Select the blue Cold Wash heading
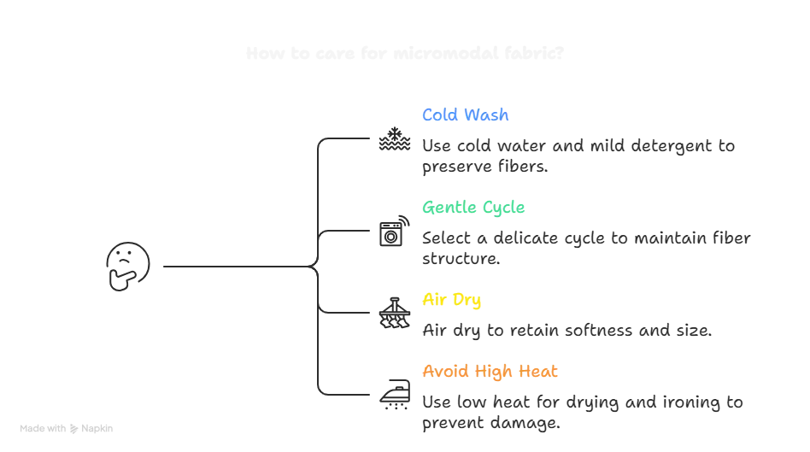pyautogui.click(x=465, y=115)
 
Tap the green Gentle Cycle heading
pyautogui.click(x=472, y=208)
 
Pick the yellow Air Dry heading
pyautogui.click(x=452, y=301)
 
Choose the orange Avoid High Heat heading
pyautogui.click(x=489, y=373)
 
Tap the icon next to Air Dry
pyautogui.click(x=390, y=314)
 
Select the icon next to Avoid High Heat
pyautogui.click(x=390, y=391)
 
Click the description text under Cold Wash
pyautogui.click(x=578, y=157)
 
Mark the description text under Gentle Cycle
pyautogui.click(x=584, y=249)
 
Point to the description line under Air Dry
pyautogui.click(x=566, y=332)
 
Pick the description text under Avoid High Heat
pyautogui.click(x=581, y=411)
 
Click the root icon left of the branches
pyautogui.click(x=126, y=266)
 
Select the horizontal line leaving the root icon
pyautogui.click(x=237, y=267)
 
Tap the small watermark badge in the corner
pyautogui.click(x=68, y=430)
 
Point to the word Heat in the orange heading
pyautogui.click(x=538, y=373)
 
